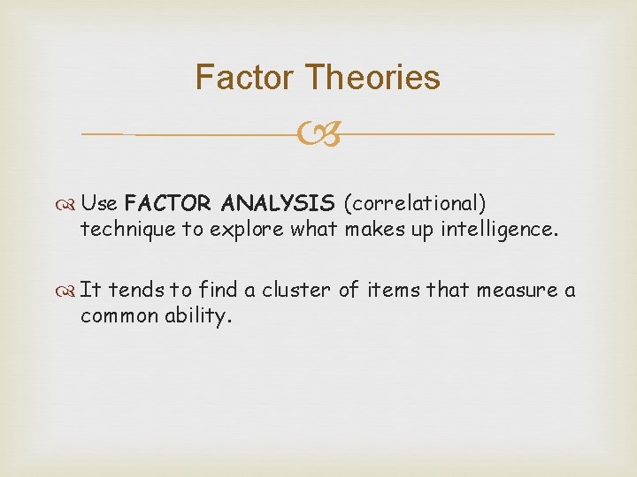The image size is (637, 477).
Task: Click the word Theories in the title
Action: (x=372, y=78)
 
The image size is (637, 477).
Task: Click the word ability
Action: (x=199, y=317)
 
